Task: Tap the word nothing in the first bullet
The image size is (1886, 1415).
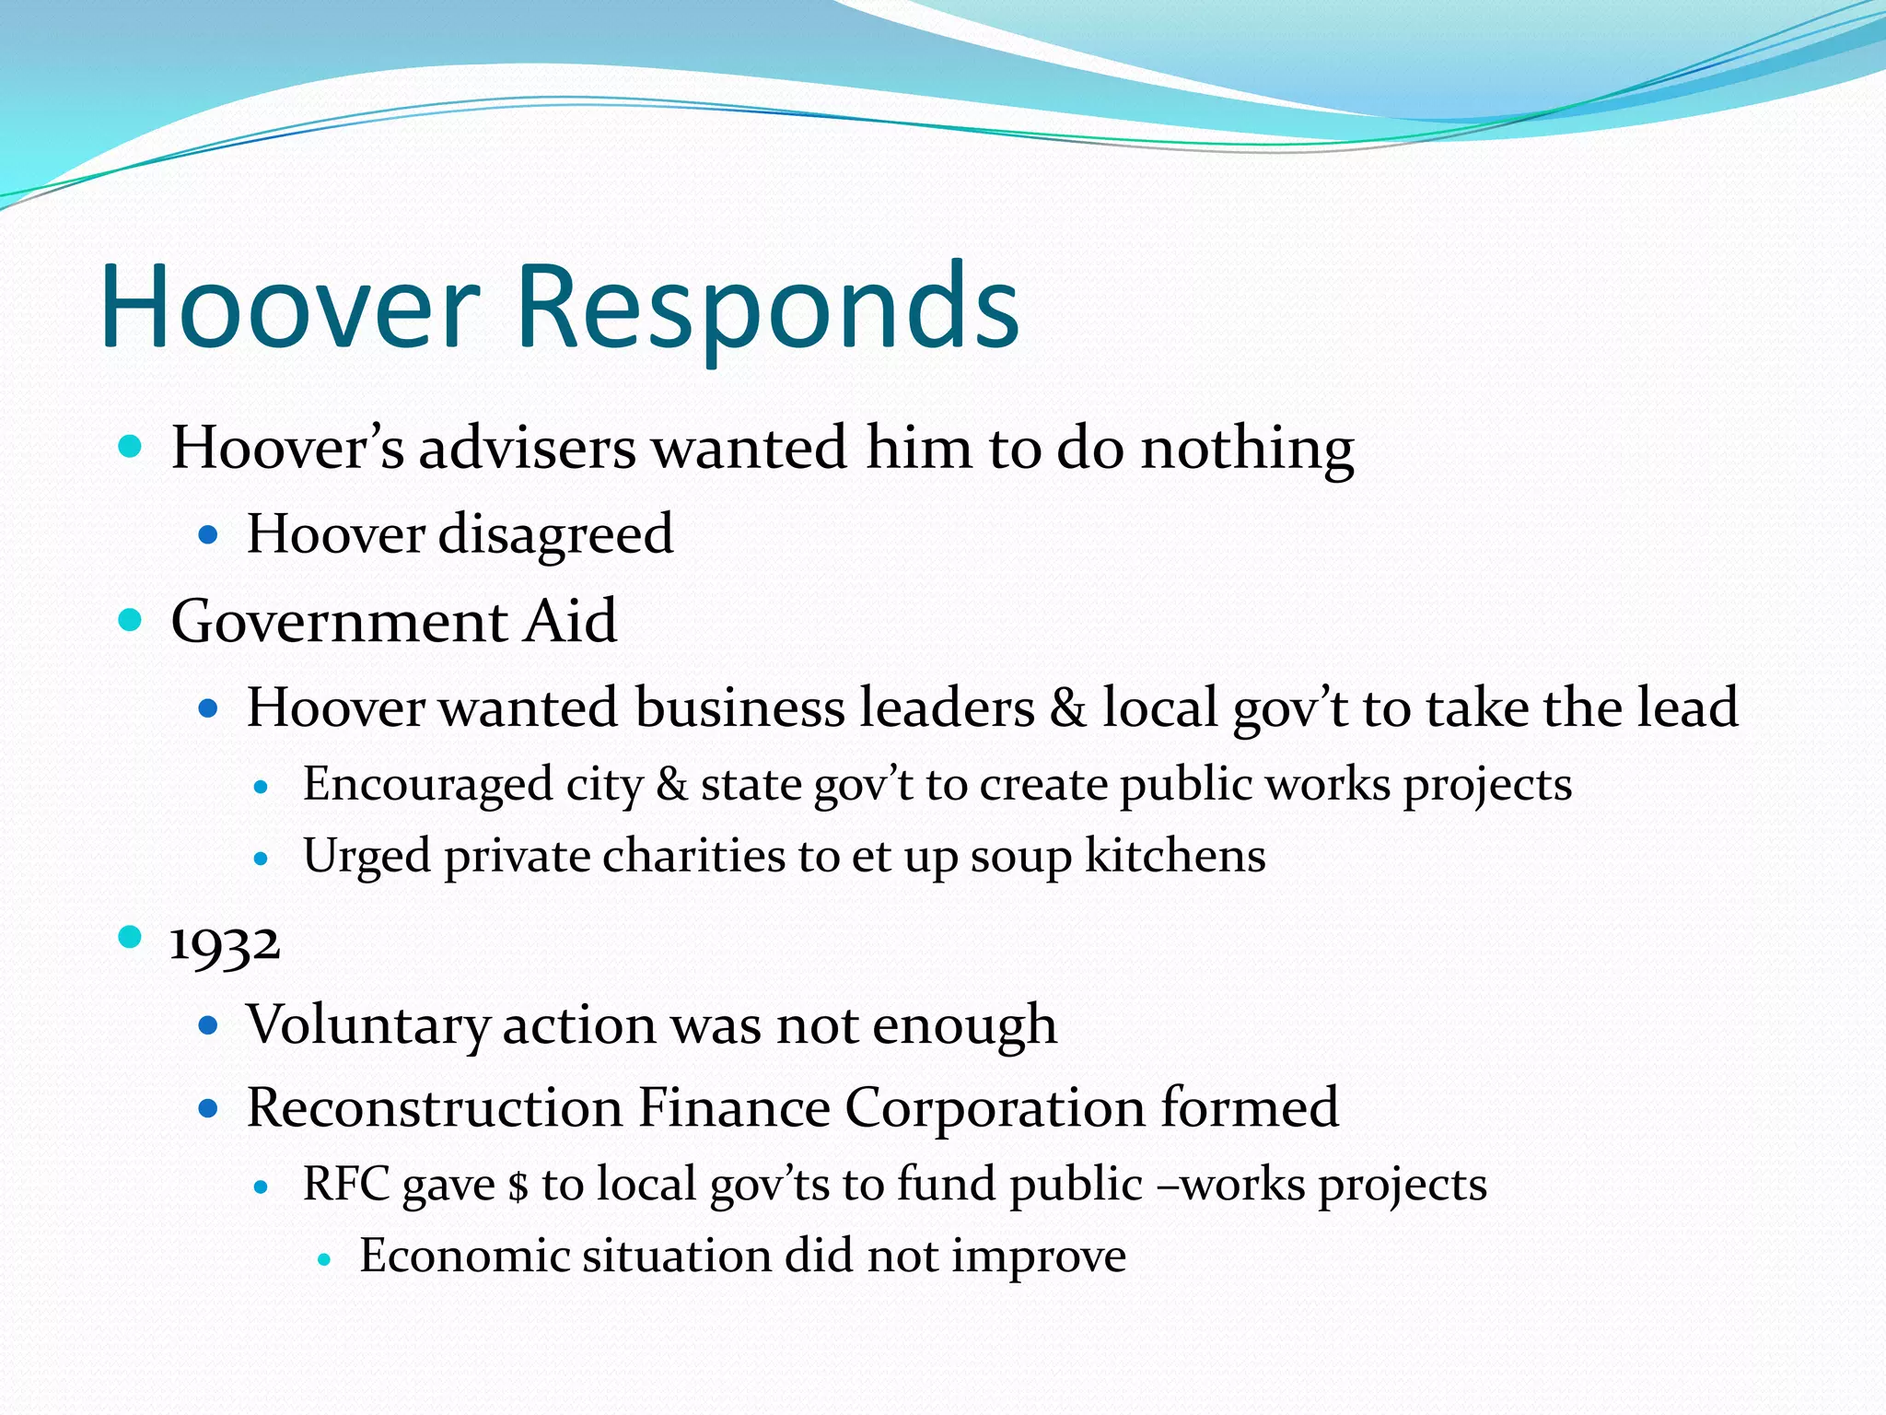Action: point(1247,450)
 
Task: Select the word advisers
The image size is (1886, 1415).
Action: point(527,450)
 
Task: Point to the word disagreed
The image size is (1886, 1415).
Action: point(555,535)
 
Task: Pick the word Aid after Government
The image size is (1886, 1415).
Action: point(570,622)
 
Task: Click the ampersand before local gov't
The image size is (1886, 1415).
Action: point(1068,708)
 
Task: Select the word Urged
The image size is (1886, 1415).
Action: point(367,857)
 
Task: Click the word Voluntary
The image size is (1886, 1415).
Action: point(367,1025)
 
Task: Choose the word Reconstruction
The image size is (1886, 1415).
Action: point(434,1108)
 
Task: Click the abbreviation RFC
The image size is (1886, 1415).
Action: point(345,1185)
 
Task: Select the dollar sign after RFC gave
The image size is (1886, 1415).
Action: point(518,1187)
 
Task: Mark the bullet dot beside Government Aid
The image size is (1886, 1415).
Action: point(131,620)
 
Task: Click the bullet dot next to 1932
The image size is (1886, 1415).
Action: point(131,938)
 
